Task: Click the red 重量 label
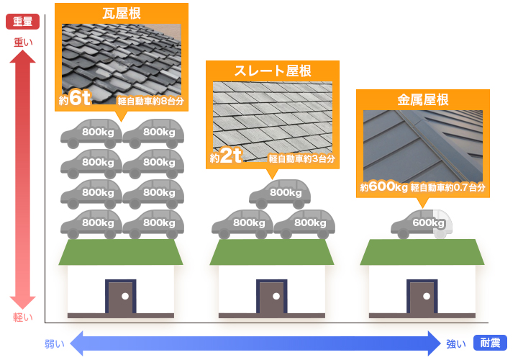click(22, 22)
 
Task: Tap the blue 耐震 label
click(491, 343)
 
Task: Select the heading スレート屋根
click(272, 71)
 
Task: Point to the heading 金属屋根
click(423, 99)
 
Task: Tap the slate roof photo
click(272, 115)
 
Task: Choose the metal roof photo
click(423, 144)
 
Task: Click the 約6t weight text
click(73, 99)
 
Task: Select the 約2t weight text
click(225, 156)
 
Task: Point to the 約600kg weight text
click(384, 187)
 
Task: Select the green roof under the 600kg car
click(422, 252)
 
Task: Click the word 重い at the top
click(23, 42)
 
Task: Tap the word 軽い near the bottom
click(23, 318)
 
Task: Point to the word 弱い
click(55, 344)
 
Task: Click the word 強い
click(455, 344)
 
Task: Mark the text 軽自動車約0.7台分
click(448, 188)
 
